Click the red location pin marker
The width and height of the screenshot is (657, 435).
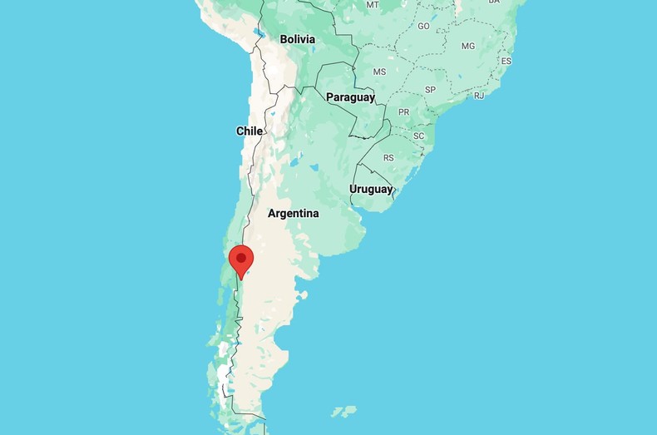tap(241, 260)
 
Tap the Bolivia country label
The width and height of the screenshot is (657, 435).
tap(297, 39)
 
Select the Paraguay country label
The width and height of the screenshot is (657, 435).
tap(350, 97)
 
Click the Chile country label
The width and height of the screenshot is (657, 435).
tap(249, 131)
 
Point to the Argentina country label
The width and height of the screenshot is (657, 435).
tap(293, 214)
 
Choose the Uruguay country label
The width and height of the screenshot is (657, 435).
tap(371, 189)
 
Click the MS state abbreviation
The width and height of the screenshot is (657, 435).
tap(379, 72)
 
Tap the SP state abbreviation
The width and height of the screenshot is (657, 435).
tap(430, 90)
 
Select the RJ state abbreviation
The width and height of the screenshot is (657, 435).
tap(479, 96)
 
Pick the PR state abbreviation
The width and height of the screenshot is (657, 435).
tap(404, 111)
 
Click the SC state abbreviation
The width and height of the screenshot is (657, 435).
tap(418, 136)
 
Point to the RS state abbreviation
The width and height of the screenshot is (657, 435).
tap(388, 158)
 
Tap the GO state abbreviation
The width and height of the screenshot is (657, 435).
tap(423, 27)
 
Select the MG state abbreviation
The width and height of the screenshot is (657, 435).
tap(468, 46)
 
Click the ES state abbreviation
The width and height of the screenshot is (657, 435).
tap(506, 62)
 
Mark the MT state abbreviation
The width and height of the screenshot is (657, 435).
tap(373, 5)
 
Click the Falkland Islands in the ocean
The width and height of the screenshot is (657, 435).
tap(344, 411)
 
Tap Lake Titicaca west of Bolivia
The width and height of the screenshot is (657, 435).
tap(260, 34)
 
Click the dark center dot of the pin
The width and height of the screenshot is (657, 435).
tap(241, 258)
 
